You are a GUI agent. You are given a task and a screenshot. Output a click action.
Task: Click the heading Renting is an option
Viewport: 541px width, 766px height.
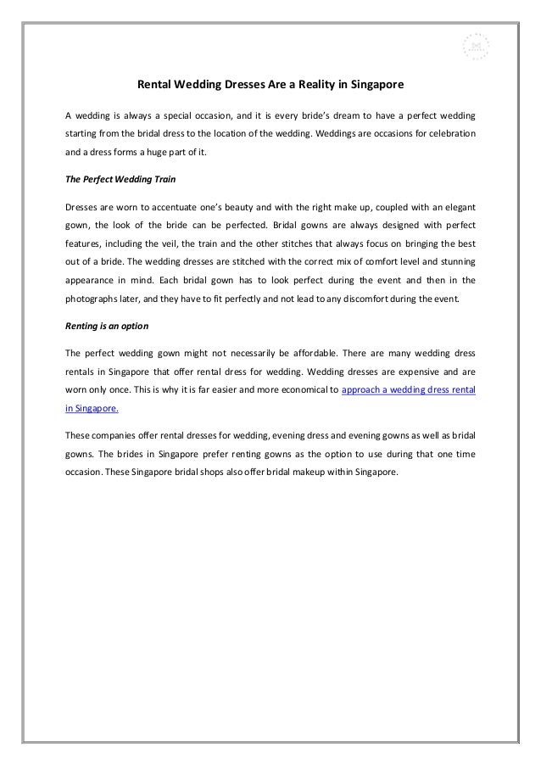(103, 325)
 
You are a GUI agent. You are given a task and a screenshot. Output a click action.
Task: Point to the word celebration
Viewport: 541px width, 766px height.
(449, 136)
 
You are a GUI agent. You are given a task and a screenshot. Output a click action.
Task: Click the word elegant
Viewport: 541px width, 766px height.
(455, 208)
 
